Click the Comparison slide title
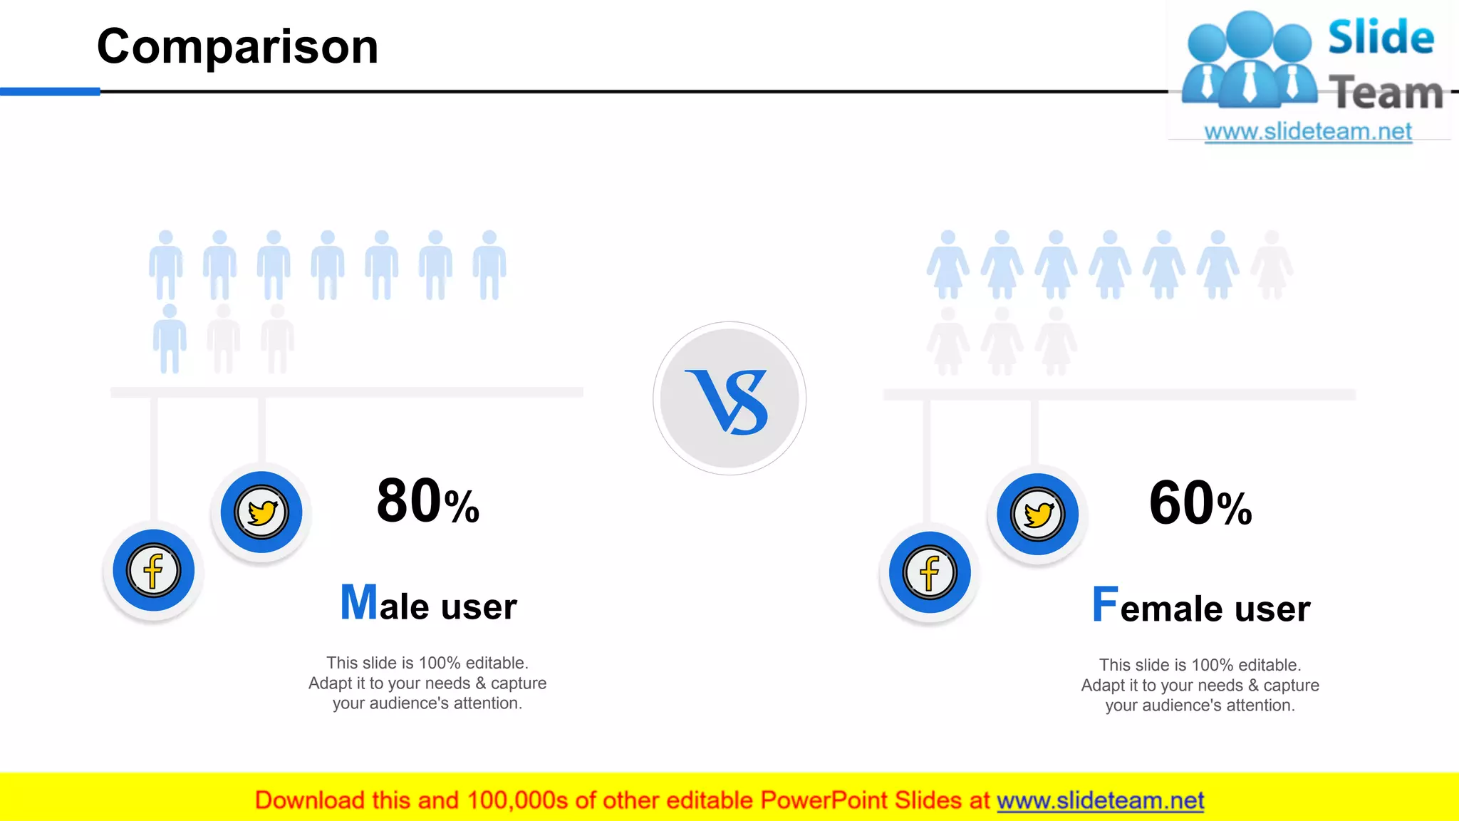pyautogui.click(x=237, y=47)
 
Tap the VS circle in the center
pyautogui.click(x=729, y=398)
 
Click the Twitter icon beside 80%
pyautogui.click(x=261, y=512)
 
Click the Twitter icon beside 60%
pyautogui.click(x=1037, y=514)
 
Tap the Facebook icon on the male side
pyautogui.click(x=153, y=570)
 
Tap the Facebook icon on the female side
pyautogui.click(x=929, y=572)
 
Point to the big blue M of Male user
pyautogui.click(x=358, y=602)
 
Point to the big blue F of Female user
pyautogui.click(x=1105, y=604)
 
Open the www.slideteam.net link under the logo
pyautogui.click(x=1308, y=132)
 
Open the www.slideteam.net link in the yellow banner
pyautogui.click(x=1100, y=800)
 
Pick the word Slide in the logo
pyautogui.click(x=1381, y=37)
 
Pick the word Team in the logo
pyautogui.click(x=1386, y=93)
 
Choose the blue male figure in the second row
pyautogui.click(x=170, y=339)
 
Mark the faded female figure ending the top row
pyautogui.click(x=1272, y=264)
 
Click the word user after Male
pyautogui.click(x=479, y=607)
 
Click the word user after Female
pyautogui.click(x=1272, y=609)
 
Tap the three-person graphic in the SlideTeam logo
pyautogui.click(x=1250, y=61)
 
